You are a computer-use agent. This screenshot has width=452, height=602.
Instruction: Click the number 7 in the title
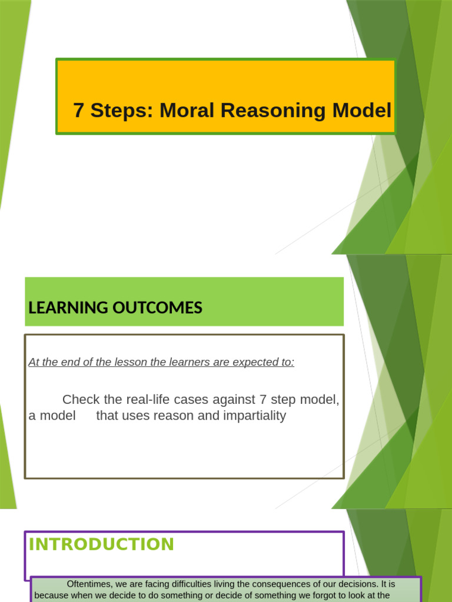(78, 110)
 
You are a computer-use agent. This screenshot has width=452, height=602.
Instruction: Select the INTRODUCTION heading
(101, 544)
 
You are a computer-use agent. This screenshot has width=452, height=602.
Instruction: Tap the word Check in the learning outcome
(81, 400)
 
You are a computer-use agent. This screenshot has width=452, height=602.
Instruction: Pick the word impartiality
(250, 416)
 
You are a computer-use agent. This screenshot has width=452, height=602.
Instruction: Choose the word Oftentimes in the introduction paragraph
(90, 584)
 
